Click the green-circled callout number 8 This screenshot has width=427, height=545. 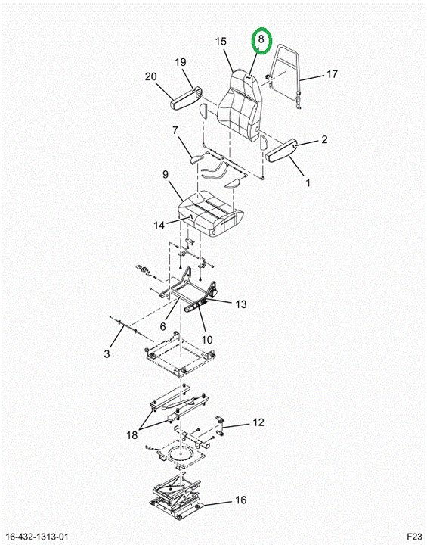coord(261,39)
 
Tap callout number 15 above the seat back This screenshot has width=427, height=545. coord(221,42)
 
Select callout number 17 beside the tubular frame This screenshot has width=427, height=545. coord(332,74)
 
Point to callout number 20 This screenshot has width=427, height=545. coord(151,76)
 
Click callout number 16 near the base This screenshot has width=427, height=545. coord(240,500)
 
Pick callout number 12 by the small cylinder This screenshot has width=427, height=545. coord(258,422)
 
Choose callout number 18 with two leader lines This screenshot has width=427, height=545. coord(132,435)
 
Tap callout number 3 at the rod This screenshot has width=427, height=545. coord(107,353)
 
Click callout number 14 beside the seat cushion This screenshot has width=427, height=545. coord(159,226)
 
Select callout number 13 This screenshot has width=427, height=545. coord(240,304)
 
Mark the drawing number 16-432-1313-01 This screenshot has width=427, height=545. coord(38,537)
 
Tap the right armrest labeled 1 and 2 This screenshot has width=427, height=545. coord(281,149)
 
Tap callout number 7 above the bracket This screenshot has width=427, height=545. coord(175,130)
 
